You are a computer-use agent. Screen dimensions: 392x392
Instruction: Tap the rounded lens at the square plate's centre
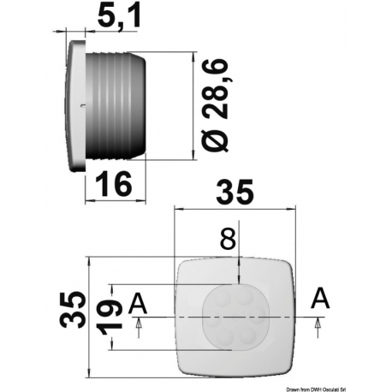pos(234,316)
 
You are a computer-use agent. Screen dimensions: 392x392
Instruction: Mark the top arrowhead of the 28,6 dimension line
pos(198,58)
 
